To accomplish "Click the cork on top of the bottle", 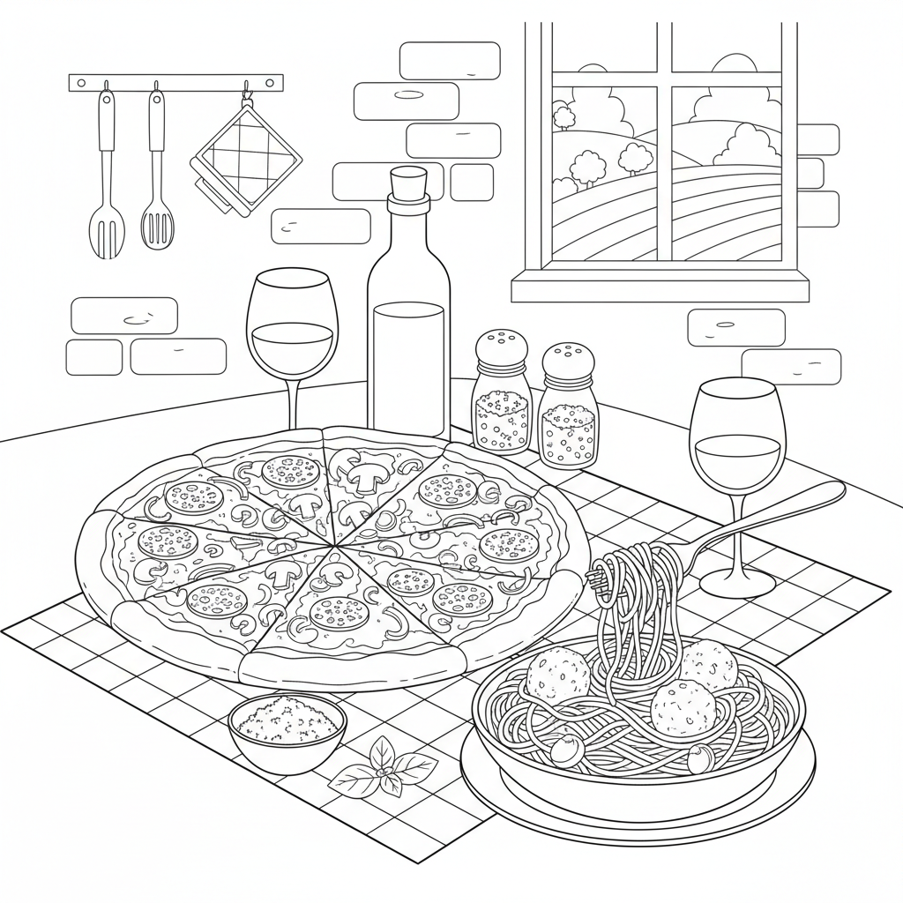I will pos(408,185).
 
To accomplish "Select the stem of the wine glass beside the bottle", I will pos(292,402).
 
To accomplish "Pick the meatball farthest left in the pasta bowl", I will pos(557,675).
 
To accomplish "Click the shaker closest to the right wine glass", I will pos(569,406).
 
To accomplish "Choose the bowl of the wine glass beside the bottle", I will pos(292,326).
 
